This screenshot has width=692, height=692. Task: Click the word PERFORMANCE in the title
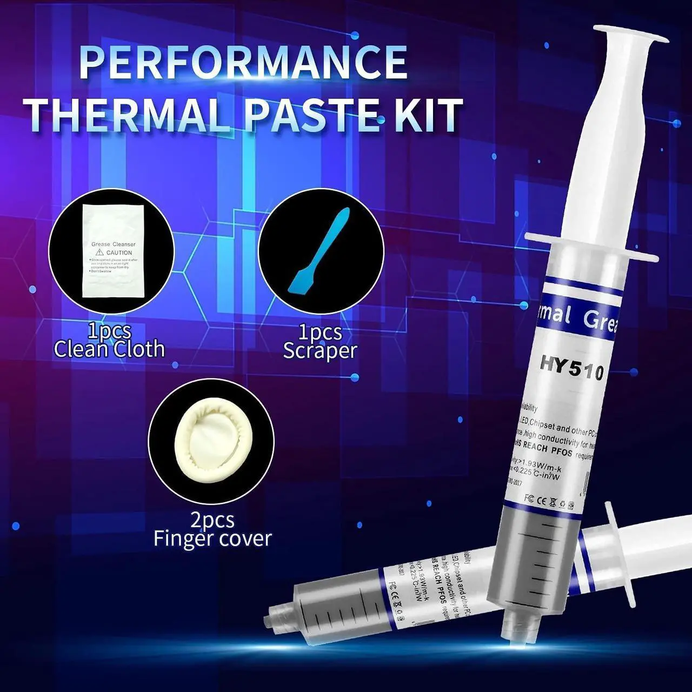point(243,62)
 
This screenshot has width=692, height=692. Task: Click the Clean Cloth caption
point(109,349)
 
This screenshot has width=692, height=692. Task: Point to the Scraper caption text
point(320,351)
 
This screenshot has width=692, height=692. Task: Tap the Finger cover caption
point(212,539)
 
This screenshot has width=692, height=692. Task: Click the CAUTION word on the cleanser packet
point(119,252)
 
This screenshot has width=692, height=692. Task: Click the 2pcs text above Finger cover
point(212,520)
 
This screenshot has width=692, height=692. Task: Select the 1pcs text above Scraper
point(320,332)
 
